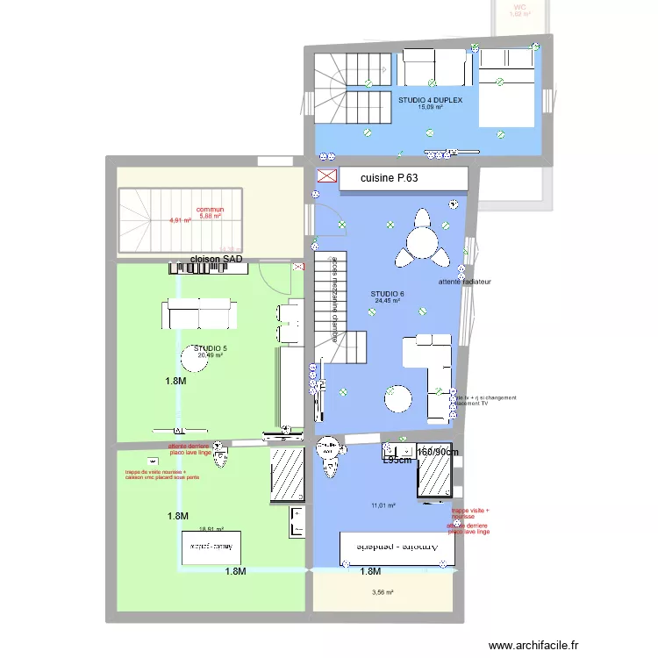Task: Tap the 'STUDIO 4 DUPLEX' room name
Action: tap(432, 100)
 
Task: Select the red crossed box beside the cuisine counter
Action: tap(326, 178)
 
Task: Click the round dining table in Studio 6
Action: tap(425, 237)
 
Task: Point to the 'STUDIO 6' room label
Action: tap(387, 294)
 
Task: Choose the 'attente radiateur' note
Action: tap(464, 283)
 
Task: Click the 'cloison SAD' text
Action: tap(216, 260)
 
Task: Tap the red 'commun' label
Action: tap(210, 210)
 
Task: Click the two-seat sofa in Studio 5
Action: tap(197, 313)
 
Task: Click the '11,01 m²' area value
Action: tap(384, 505)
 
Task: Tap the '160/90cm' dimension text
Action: tap(438, 452)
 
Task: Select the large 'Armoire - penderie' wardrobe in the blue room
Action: tap(397, 547)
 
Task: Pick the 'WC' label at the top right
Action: tap(520, 7)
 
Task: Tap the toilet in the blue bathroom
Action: tap(330, 456)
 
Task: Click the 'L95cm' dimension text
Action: tap(398, 459)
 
